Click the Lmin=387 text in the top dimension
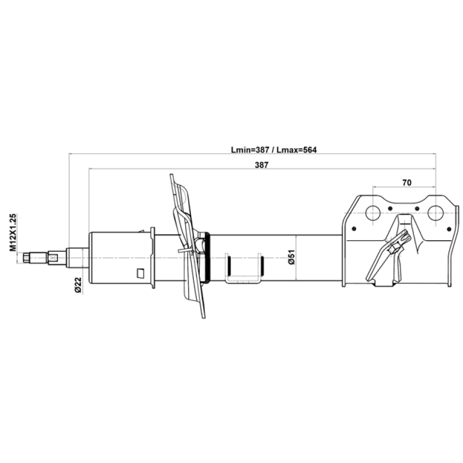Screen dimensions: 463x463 tap(250, 150)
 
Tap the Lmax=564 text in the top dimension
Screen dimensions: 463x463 tap(296, 150)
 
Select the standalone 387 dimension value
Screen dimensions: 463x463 tap(262, 165)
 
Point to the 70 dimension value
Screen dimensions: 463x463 tap(407, 183)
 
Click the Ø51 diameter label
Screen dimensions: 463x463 tap(292, 257)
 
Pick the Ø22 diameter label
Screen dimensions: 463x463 tap(78, 285)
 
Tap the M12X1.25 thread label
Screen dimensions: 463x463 tap(13, 233)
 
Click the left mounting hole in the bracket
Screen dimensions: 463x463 tap(373, 213)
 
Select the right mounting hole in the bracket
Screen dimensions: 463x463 tap(436, 213)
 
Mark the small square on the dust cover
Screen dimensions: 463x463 tap(141, 273)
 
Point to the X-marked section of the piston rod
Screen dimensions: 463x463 tap(53, 258)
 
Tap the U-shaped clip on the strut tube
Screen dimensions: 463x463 tap(244, 269)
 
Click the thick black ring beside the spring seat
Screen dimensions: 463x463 tap(208, 258)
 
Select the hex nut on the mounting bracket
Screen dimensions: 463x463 tap(394, 249)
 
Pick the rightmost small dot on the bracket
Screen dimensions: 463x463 tap(449, 229)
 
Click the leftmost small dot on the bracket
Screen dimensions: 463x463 tap(354, 229)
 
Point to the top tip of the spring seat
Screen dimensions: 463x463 tap(171, 175)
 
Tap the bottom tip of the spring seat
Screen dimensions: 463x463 tap(204, 317)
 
